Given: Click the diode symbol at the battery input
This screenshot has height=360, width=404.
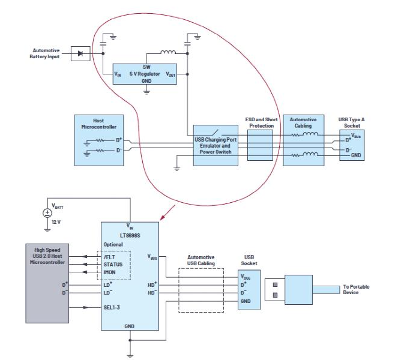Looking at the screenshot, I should pyautogui.click(x=80, y=53).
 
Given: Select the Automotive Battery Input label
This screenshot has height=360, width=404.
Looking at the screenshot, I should pyautogui.click(x=46, y=53).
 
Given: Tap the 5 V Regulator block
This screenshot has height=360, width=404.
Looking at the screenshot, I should pyautogui.click(x=146, y=73).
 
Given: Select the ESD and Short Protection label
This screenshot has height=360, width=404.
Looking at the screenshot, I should pyautogui.click(x=260, y=122).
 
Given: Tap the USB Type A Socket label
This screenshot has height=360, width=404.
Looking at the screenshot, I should pyautogui.click(x=351, y=122).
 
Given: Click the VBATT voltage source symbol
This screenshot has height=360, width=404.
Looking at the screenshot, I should pyautogui.click(x=47, y=213).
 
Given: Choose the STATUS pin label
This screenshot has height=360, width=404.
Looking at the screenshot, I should pyautogui.click(x=113, y=263).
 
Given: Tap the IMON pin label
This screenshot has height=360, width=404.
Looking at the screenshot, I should pyautogui.click(x=111, y=272).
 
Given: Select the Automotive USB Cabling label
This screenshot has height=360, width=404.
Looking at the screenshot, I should pyautogui.click(x=201, y=260).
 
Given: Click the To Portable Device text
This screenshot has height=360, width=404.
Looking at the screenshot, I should pyautogui.click(x=357, y=289).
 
